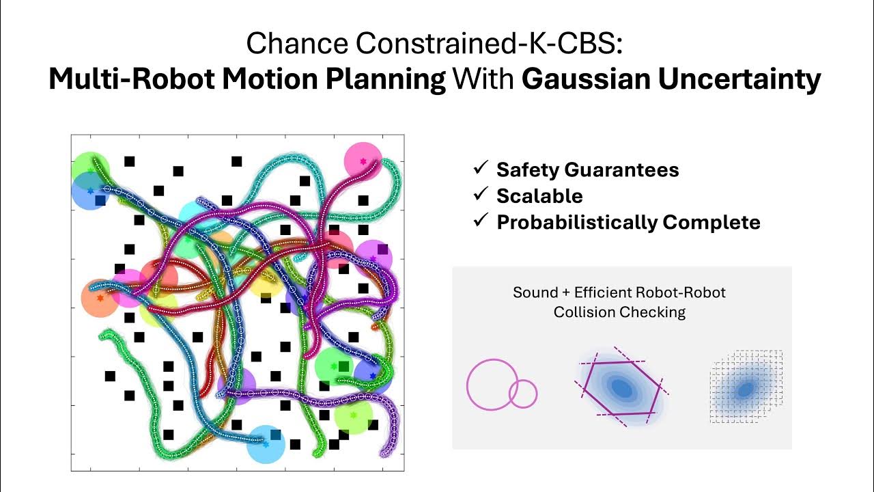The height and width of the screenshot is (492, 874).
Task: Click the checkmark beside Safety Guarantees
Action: [481, 169]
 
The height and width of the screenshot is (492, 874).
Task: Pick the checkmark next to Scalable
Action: [481, 195]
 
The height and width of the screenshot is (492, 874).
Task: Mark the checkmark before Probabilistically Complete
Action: [481, 221]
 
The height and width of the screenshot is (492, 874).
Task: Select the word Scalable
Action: [539, 196]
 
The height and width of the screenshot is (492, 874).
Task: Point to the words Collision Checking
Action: [619, 312]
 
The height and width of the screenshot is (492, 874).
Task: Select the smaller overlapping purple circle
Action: [523, 394]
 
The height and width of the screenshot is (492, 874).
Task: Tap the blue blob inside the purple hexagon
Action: [621, 387]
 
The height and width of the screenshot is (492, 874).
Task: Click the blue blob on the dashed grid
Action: [744, 389]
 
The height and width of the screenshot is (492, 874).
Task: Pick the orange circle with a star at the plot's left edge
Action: [100, 299]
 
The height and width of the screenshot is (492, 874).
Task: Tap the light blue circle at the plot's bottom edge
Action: [265, 443]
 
